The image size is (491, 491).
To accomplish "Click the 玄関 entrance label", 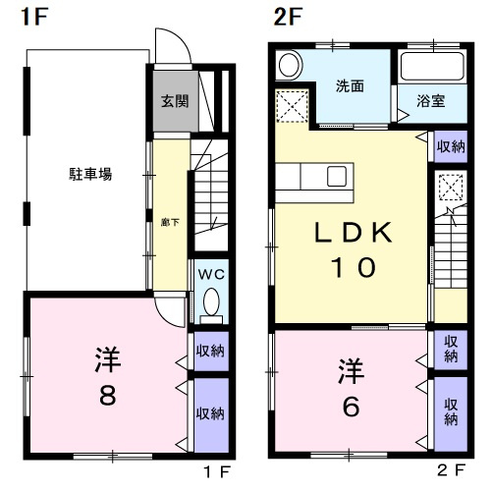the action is point(175,101).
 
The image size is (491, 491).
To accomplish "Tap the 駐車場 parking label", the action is point(90,174).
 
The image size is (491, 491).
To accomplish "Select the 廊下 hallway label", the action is point(170,223).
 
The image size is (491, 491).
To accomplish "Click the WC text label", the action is point(211,274).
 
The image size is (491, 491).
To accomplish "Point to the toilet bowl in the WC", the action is point(211,301).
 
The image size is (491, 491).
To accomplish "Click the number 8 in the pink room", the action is point(108,395).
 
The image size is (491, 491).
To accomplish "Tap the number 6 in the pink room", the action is point(351,407).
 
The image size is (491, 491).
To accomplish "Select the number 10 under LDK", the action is point(354,267).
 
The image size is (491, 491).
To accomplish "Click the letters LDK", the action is point(354,232).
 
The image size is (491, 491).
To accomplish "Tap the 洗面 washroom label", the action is point(350,86).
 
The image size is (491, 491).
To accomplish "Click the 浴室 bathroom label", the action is point(431,101).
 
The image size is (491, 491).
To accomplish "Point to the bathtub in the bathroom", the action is point(433,67).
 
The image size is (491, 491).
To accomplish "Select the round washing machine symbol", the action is point(290,65).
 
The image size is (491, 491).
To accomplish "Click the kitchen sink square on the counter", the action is point(337,176).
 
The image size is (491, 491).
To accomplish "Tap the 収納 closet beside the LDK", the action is point(451,146).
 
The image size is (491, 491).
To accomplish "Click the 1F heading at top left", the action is point(34,17).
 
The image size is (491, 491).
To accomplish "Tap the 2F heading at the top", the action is point(288,17).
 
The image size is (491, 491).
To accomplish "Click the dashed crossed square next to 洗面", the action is point(293,106).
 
